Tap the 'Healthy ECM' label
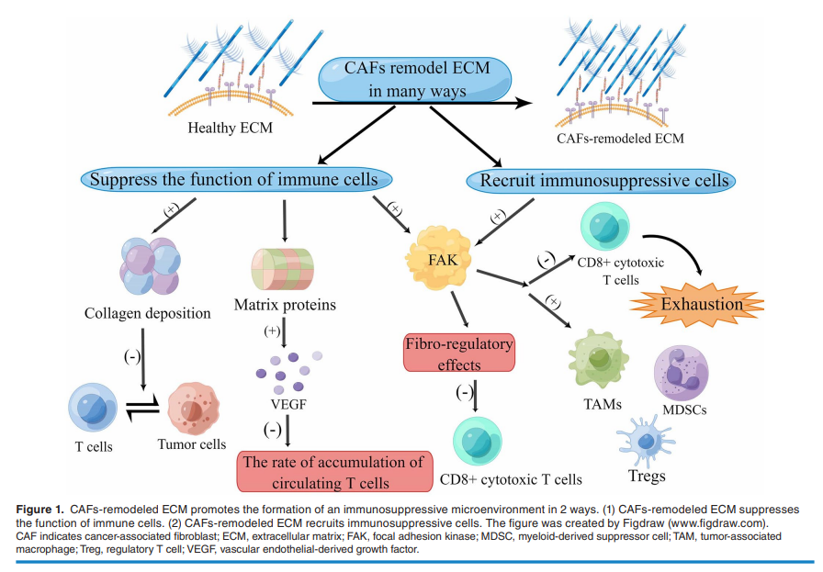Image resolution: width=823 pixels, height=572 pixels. click(x=230, y=128)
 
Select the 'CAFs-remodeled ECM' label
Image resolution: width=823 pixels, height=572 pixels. click(x=620, y=140)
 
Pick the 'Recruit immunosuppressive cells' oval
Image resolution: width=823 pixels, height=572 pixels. click(x=604, y=180)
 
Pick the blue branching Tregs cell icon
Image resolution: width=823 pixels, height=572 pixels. click(x=647, y=440)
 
